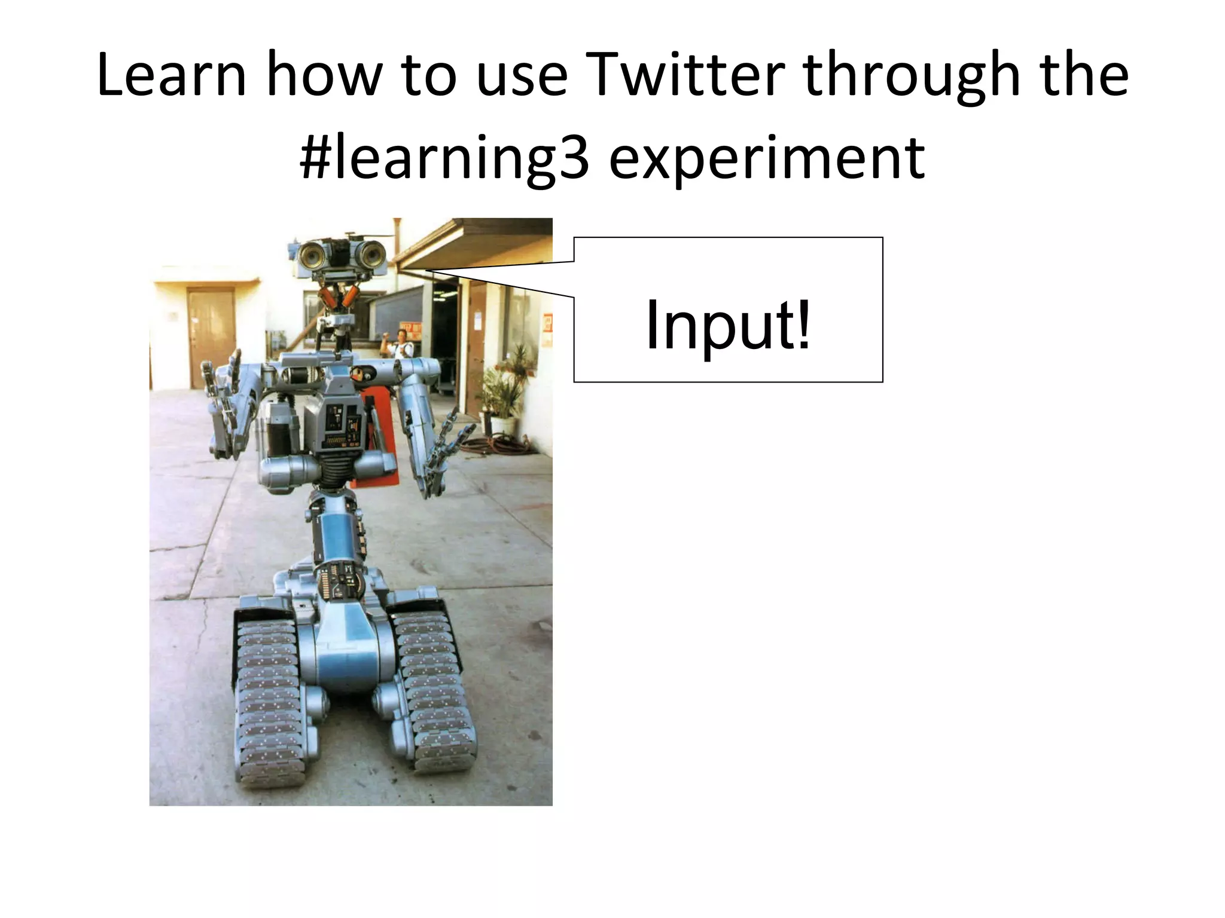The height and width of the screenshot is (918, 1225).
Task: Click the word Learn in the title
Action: [171, 76]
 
